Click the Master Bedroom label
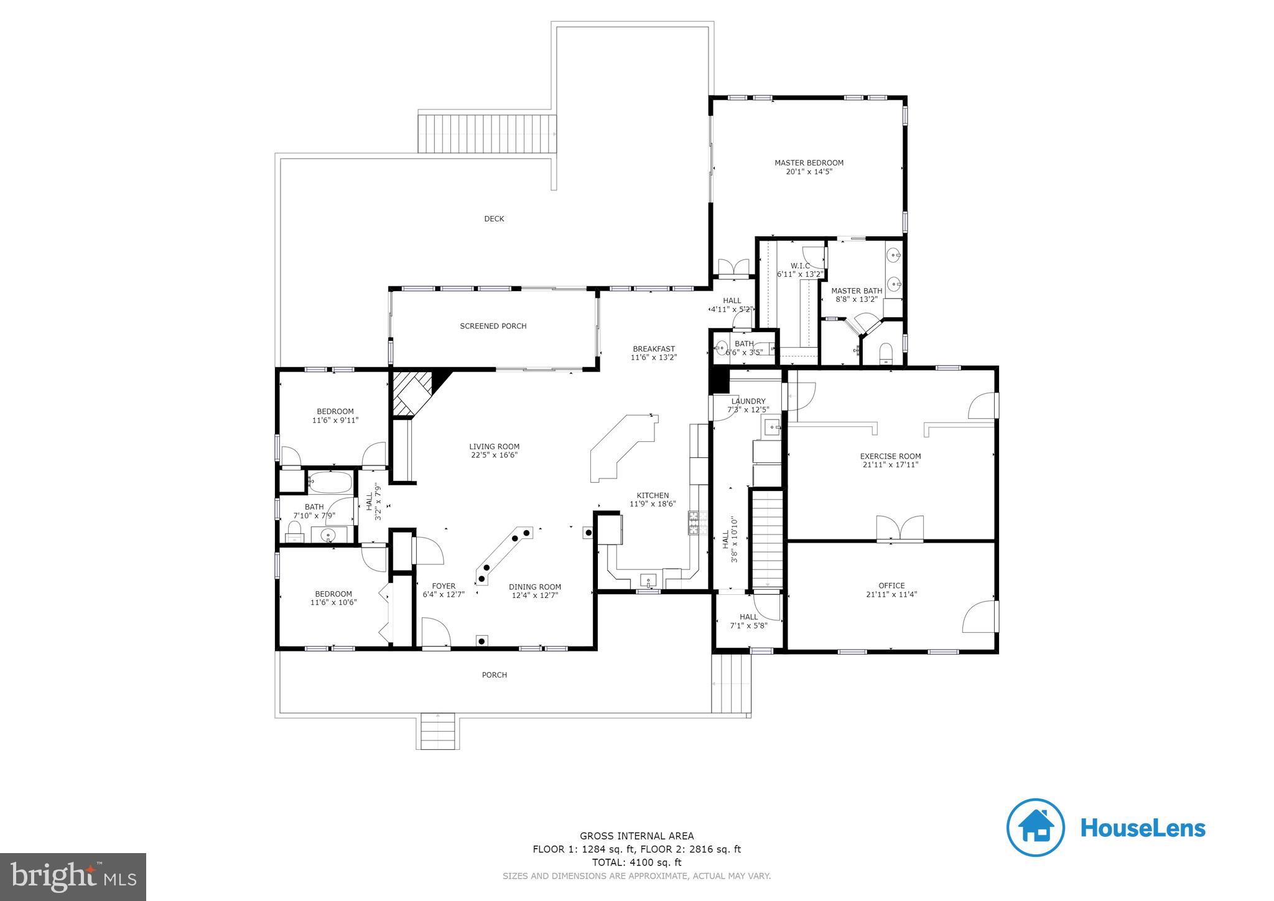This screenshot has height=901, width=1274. (809, 163)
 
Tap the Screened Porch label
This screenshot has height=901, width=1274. (493, 326)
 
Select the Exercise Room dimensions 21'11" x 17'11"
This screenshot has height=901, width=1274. (890, 465)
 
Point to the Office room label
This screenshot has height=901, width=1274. (891, 586)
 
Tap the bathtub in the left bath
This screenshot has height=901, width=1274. (330, 481)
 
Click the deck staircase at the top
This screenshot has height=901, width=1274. (486, 133)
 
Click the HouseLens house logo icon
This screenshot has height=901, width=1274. (1035, 827)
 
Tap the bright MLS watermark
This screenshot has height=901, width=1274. (73, 877)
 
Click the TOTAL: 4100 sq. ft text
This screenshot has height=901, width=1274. (636, 862)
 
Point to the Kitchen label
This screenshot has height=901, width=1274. (652, 496)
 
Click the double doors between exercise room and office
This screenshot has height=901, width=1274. (900, 528)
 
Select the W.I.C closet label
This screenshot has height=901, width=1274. (800, 266)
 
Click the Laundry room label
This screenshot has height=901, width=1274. (748, 401)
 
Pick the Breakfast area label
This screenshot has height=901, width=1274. (653, 349)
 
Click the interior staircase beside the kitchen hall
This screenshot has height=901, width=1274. (767, 539)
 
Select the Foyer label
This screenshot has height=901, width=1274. (444, 586)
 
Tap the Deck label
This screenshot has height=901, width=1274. (494, 219)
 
